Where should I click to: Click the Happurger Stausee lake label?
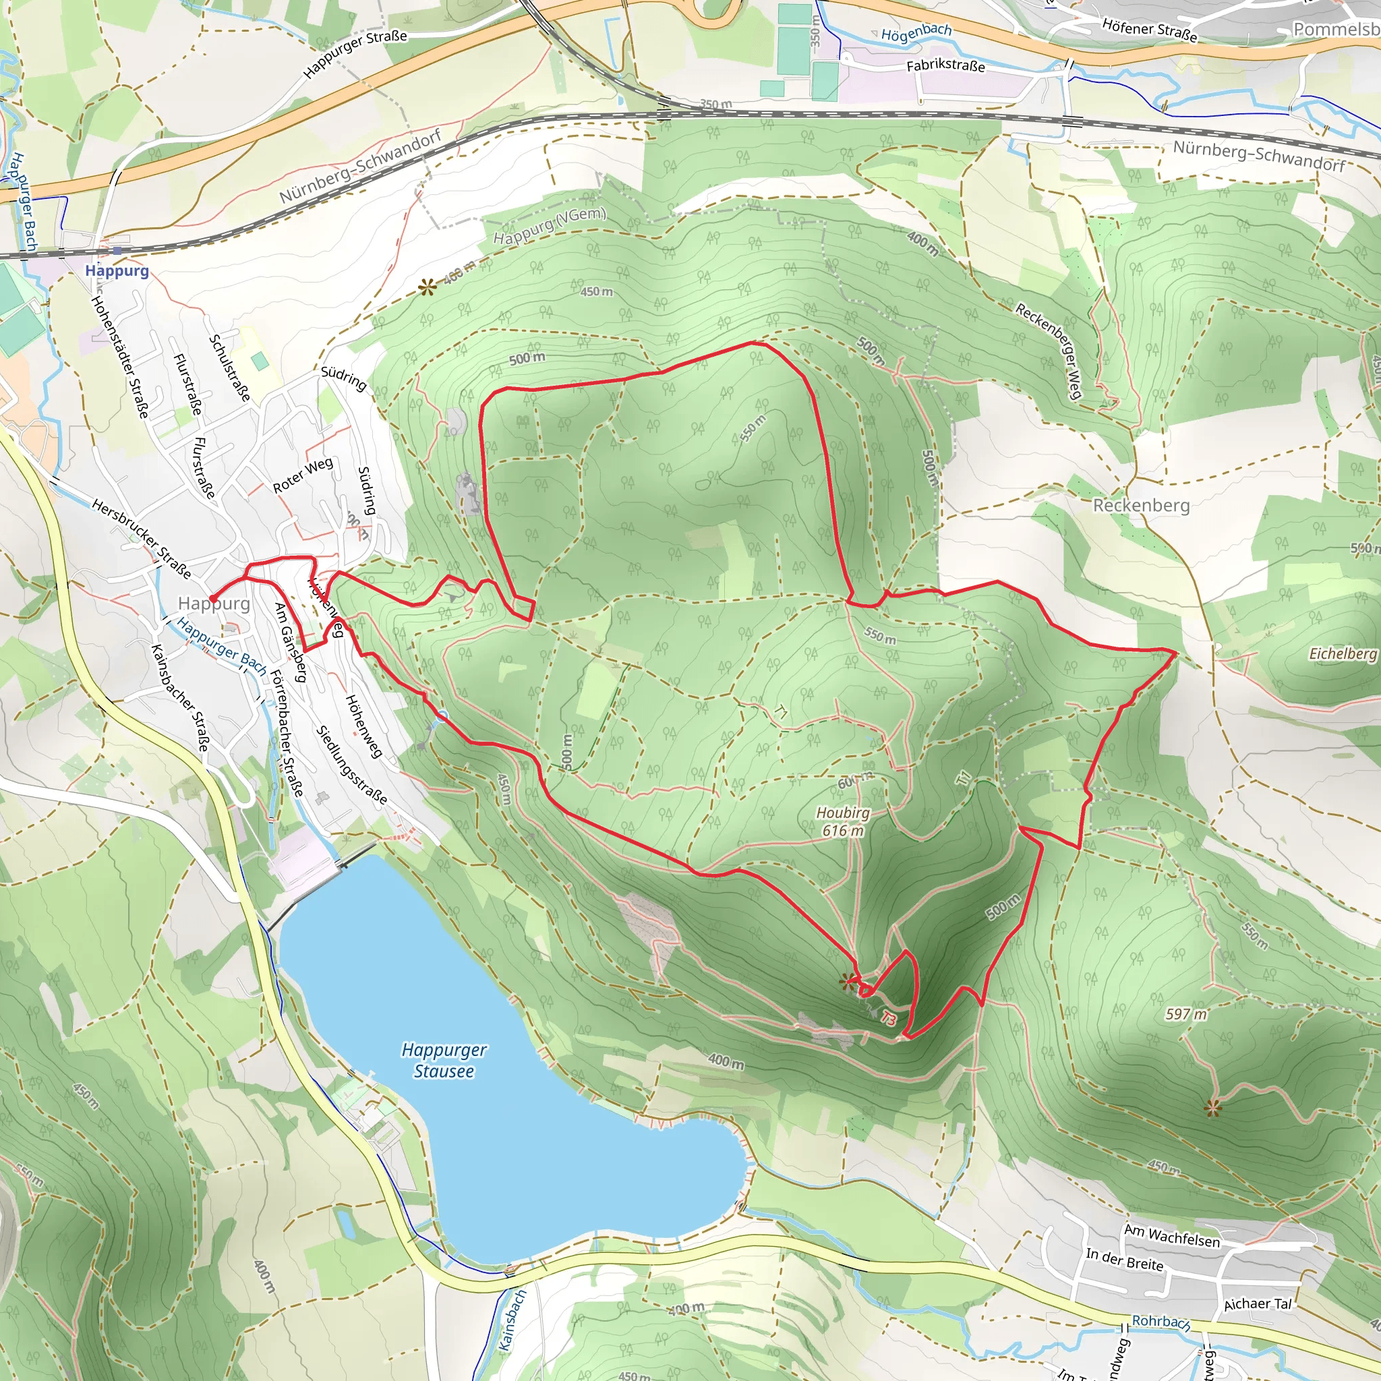[x=444, y=1060]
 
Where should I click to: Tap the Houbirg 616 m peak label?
[x=844, y=821]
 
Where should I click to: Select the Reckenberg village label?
[x=1142, y=505]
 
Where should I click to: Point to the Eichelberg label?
[x=1343, y=653]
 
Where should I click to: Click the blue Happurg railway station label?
[x=117, y=271]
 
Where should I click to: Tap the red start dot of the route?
[x=212, y=598]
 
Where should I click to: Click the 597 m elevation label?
[x=1186, y=1013]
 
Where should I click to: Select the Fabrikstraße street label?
[x=945, y=66]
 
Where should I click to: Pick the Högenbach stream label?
[x=916, y=32]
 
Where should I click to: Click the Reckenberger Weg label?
[x=1049, y=351]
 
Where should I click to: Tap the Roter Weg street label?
[x=303, y=475]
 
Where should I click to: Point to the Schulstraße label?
[x=229, y=369]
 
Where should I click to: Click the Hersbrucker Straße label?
[x=142, y=539]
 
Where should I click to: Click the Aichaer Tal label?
[x=1258, y=1304]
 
